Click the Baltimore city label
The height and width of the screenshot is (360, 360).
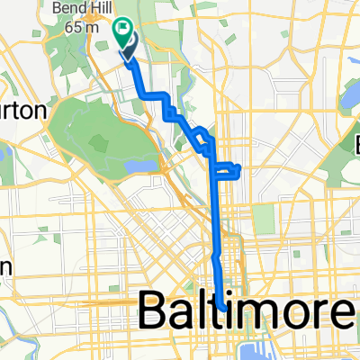coord(246,314)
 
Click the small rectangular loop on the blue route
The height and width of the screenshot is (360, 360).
coord(229,170)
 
